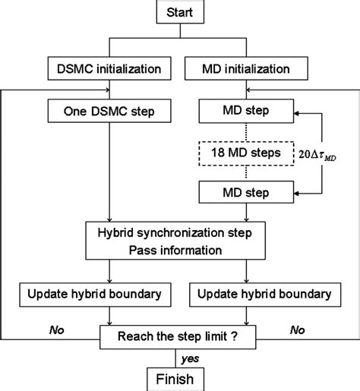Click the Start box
click(180, 13)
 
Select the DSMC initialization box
click(111, 69)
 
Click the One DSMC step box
click(111, 112)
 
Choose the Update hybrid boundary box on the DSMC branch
click(111, 293)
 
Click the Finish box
click(179, 378)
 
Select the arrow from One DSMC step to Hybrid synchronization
click(111, 171)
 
